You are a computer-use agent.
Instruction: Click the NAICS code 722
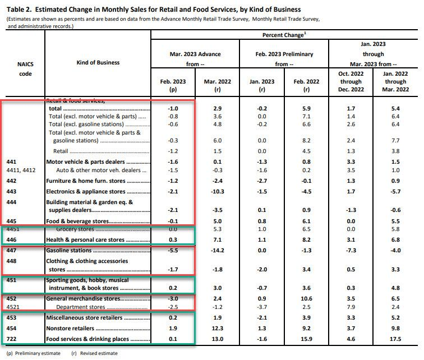click(x=11, y=339)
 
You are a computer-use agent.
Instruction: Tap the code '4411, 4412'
click(x=21, y=170)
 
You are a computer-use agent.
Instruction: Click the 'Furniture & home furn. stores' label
click(x=86, y=181)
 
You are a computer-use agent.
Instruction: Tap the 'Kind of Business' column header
click(x=98, y=62)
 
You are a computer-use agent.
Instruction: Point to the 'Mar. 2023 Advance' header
click(x=195, y=54)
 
